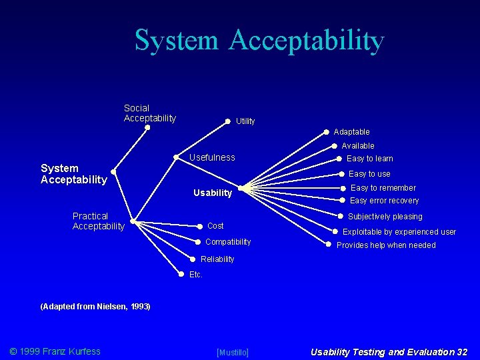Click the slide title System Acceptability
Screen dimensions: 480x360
259,40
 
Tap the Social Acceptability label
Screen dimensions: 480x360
150,113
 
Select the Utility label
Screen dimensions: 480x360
245,121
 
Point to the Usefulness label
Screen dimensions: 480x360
212,158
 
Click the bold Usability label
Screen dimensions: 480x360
212,193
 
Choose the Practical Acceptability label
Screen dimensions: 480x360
98,221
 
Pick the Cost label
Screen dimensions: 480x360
215,226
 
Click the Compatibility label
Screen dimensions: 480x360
228,242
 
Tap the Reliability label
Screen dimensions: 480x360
217,259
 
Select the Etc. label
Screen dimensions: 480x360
195,275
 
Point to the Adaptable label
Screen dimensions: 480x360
351,132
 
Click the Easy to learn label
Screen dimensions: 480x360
369,159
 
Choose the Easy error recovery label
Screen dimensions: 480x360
384,201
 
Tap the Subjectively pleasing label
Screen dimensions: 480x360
385,217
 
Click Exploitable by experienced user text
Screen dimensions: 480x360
399,232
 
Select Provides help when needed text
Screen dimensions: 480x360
386,245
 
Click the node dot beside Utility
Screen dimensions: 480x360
227,122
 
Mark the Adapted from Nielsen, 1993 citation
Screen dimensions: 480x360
95,307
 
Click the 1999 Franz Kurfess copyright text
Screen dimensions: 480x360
55,351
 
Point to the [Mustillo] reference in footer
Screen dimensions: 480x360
233,352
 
